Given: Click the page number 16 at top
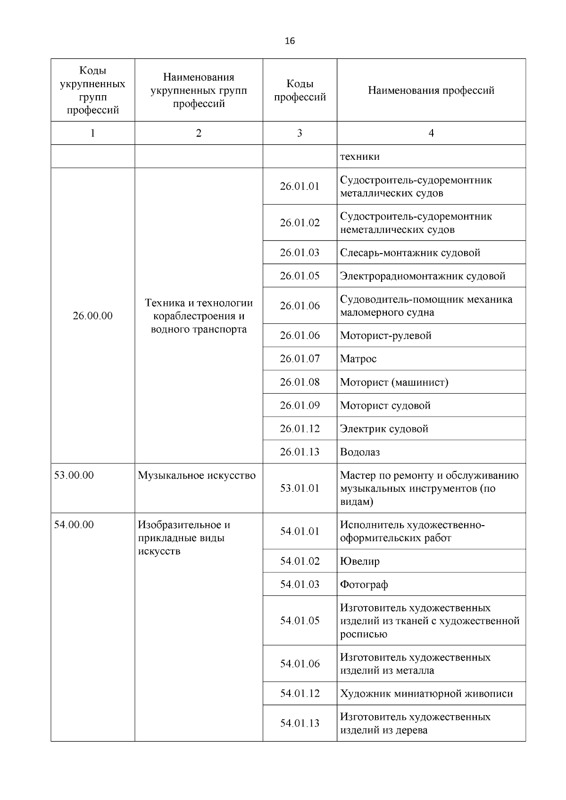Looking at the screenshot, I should [290, 41].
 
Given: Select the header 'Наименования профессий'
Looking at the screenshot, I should [431, 90].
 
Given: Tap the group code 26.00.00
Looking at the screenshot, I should [92, 316].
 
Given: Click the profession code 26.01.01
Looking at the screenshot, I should [300, 186].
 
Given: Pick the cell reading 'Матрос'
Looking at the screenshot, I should [358, 359].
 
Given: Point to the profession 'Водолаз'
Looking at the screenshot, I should [360, 452].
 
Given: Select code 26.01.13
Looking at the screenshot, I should [300, 452].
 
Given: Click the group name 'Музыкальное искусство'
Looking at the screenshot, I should [197, 475].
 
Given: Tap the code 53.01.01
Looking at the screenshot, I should [300, 488].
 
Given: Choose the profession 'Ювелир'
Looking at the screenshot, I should [360, 561].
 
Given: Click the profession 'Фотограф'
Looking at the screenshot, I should [364, 585].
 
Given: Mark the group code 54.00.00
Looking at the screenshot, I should [74, 525].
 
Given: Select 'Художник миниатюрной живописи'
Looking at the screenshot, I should [426, 693].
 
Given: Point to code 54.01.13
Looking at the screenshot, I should [300, 723].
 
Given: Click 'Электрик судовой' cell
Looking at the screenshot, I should [384, 429].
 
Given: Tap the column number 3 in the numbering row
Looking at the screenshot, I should [300, 133].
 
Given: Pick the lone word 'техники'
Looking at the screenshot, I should [360, 157].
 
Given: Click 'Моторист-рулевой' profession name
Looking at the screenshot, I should [386, 336].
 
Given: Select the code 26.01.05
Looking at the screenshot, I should [300, 276].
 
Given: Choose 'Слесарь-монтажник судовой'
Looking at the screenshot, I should [410, 253].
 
